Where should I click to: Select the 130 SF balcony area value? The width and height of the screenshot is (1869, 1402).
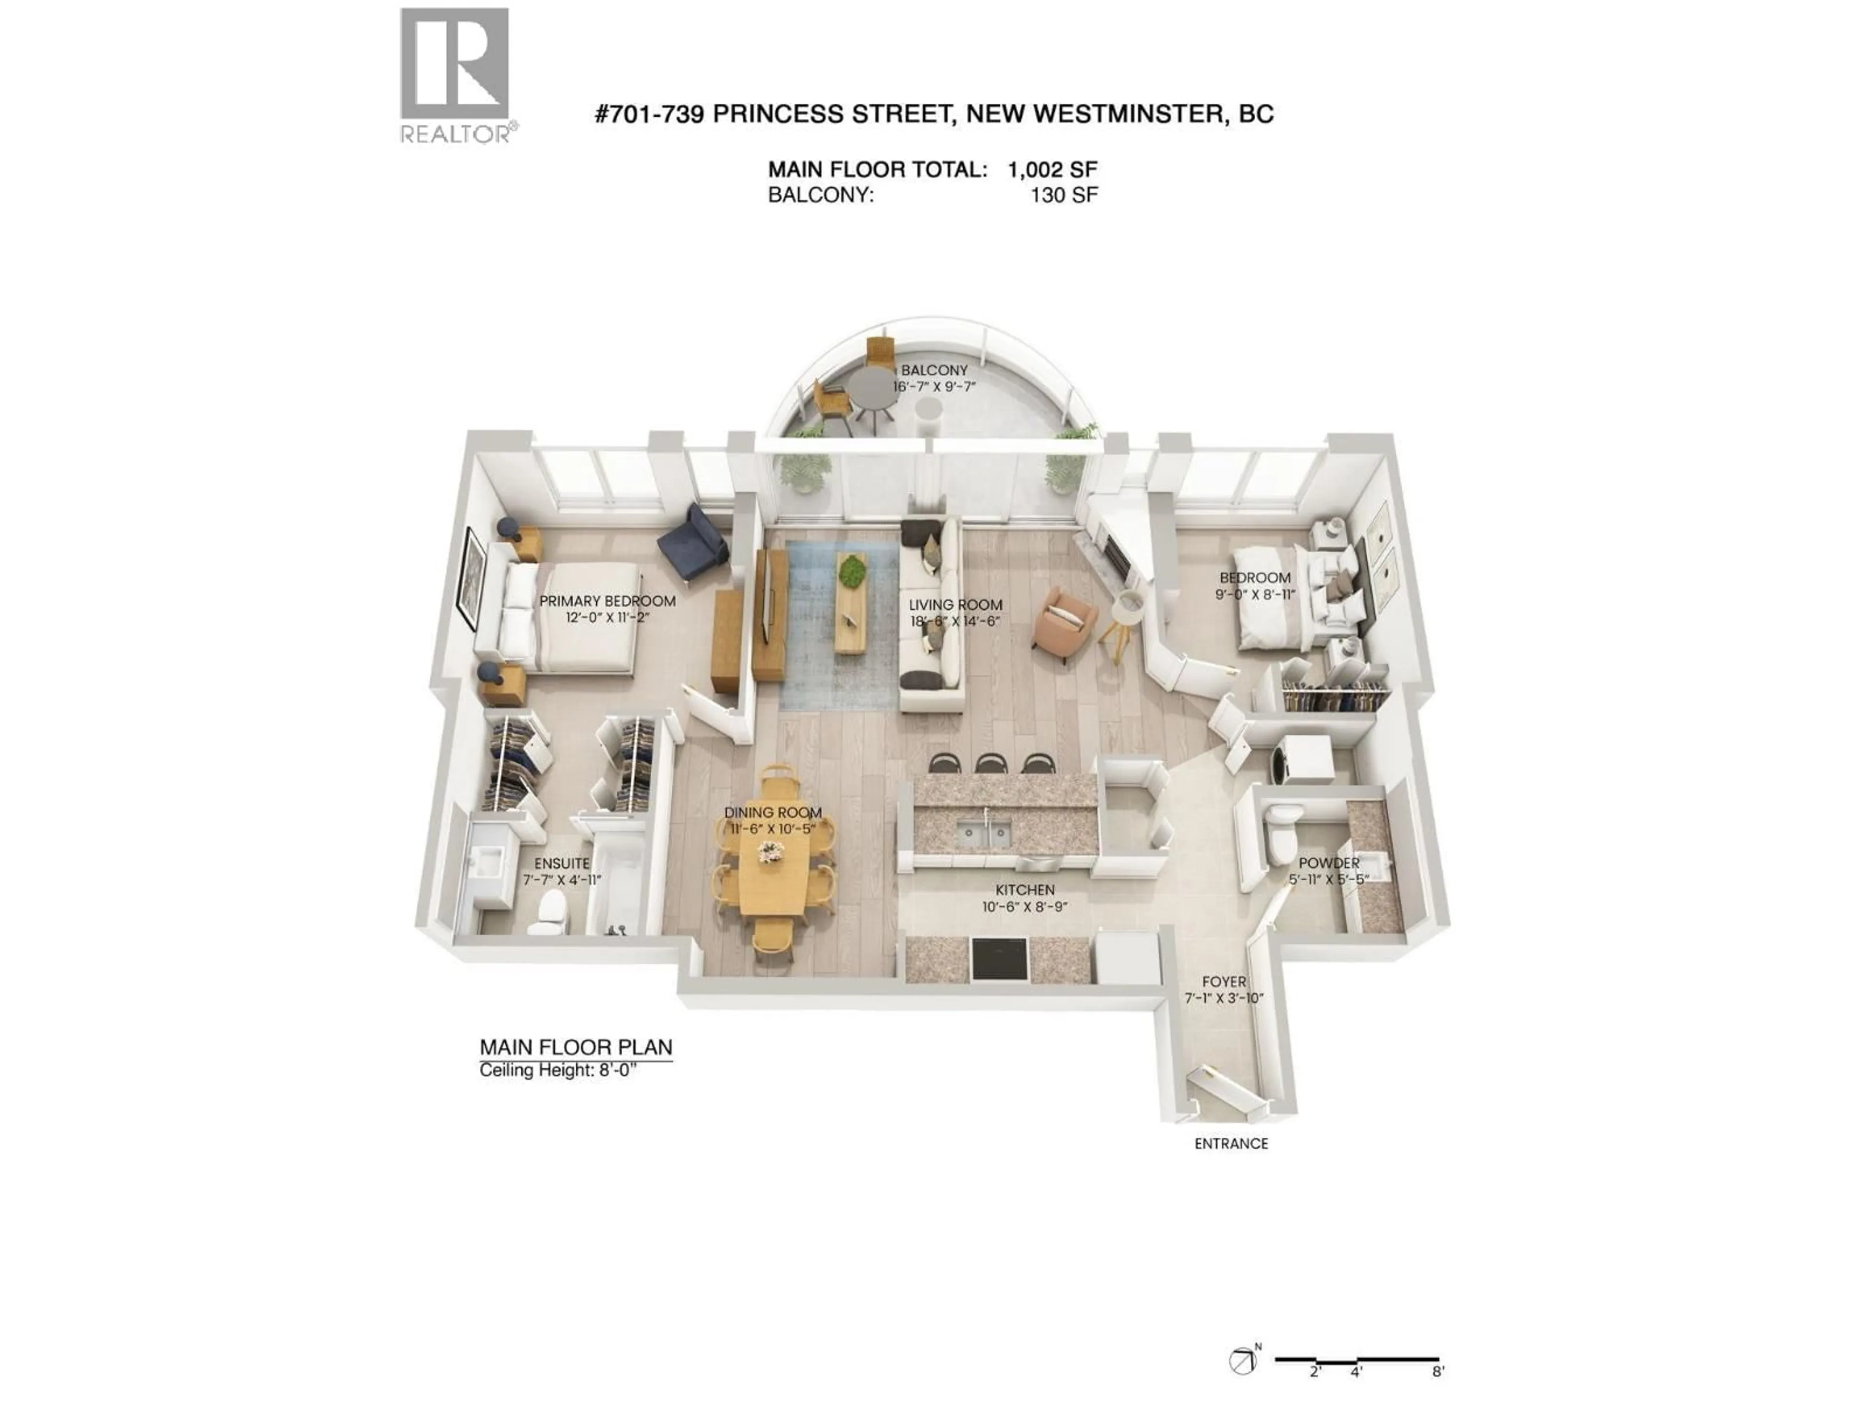pyautogui.click(x=1064, y=195)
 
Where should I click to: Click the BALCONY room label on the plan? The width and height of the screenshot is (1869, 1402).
pyautogui.click(x=934, y=370)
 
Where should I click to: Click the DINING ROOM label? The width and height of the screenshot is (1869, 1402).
pyautogui.click(x=772, y=812)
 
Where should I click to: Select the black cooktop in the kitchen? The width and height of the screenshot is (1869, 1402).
pyautogui.click(x=1000, y=959)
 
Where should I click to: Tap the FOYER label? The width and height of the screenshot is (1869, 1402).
pyautogui.click(x=1224, y=982)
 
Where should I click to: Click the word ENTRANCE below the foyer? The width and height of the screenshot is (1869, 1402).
pyautogui.click(x=1231, y=1144)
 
